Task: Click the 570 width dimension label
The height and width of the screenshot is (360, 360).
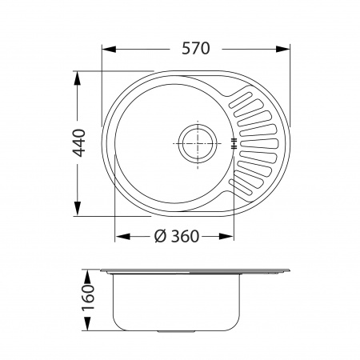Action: point(196,49)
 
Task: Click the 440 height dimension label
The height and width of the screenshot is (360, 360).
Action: point(79,143)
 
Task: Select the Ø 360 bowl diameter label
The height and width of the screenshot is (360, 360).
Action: point(177,236)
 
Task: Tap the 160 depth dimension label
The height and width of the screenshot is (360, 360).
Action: point(88,297)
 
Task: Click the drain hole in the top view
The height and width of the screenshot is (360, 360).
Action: point(198,143)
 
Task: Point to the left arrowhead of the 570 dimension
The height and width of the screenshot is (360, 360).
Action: point(110,49)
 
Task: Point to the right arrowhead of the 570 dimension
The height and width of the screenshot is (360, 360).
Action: point(282,49)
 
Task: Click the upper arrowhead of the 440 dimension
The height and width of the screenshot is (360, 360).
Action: point(78,78)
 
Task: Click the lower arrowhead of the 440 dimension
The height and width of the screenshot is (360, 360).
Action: point(78,209)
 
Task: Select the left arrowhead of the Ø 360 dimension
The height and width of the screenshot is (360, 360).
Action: point(122,236)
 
